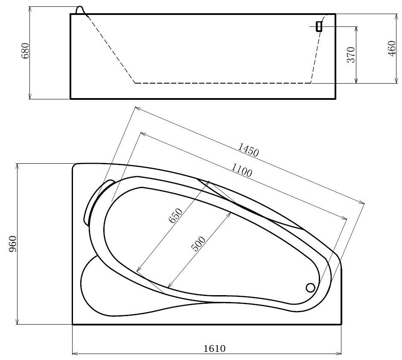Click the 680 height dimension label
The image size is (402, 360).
[25, 51]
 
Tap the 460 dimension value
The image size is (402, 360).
[392, 49]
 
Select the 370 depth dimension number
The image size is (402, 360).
[351, 55]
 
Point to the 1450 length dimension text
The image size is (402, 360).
[248, 150]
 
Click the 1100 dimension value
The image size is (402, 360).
[242, 170]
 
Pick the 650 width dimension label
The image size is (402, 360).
[176, 215]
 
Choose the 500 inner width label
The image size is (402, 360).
[198, 244]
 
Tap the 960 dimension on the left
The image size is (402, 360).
[12, 244]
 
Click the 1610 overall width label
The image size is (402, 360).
[215, 349]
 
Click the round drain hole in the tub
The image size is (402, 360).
[311, 287]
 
